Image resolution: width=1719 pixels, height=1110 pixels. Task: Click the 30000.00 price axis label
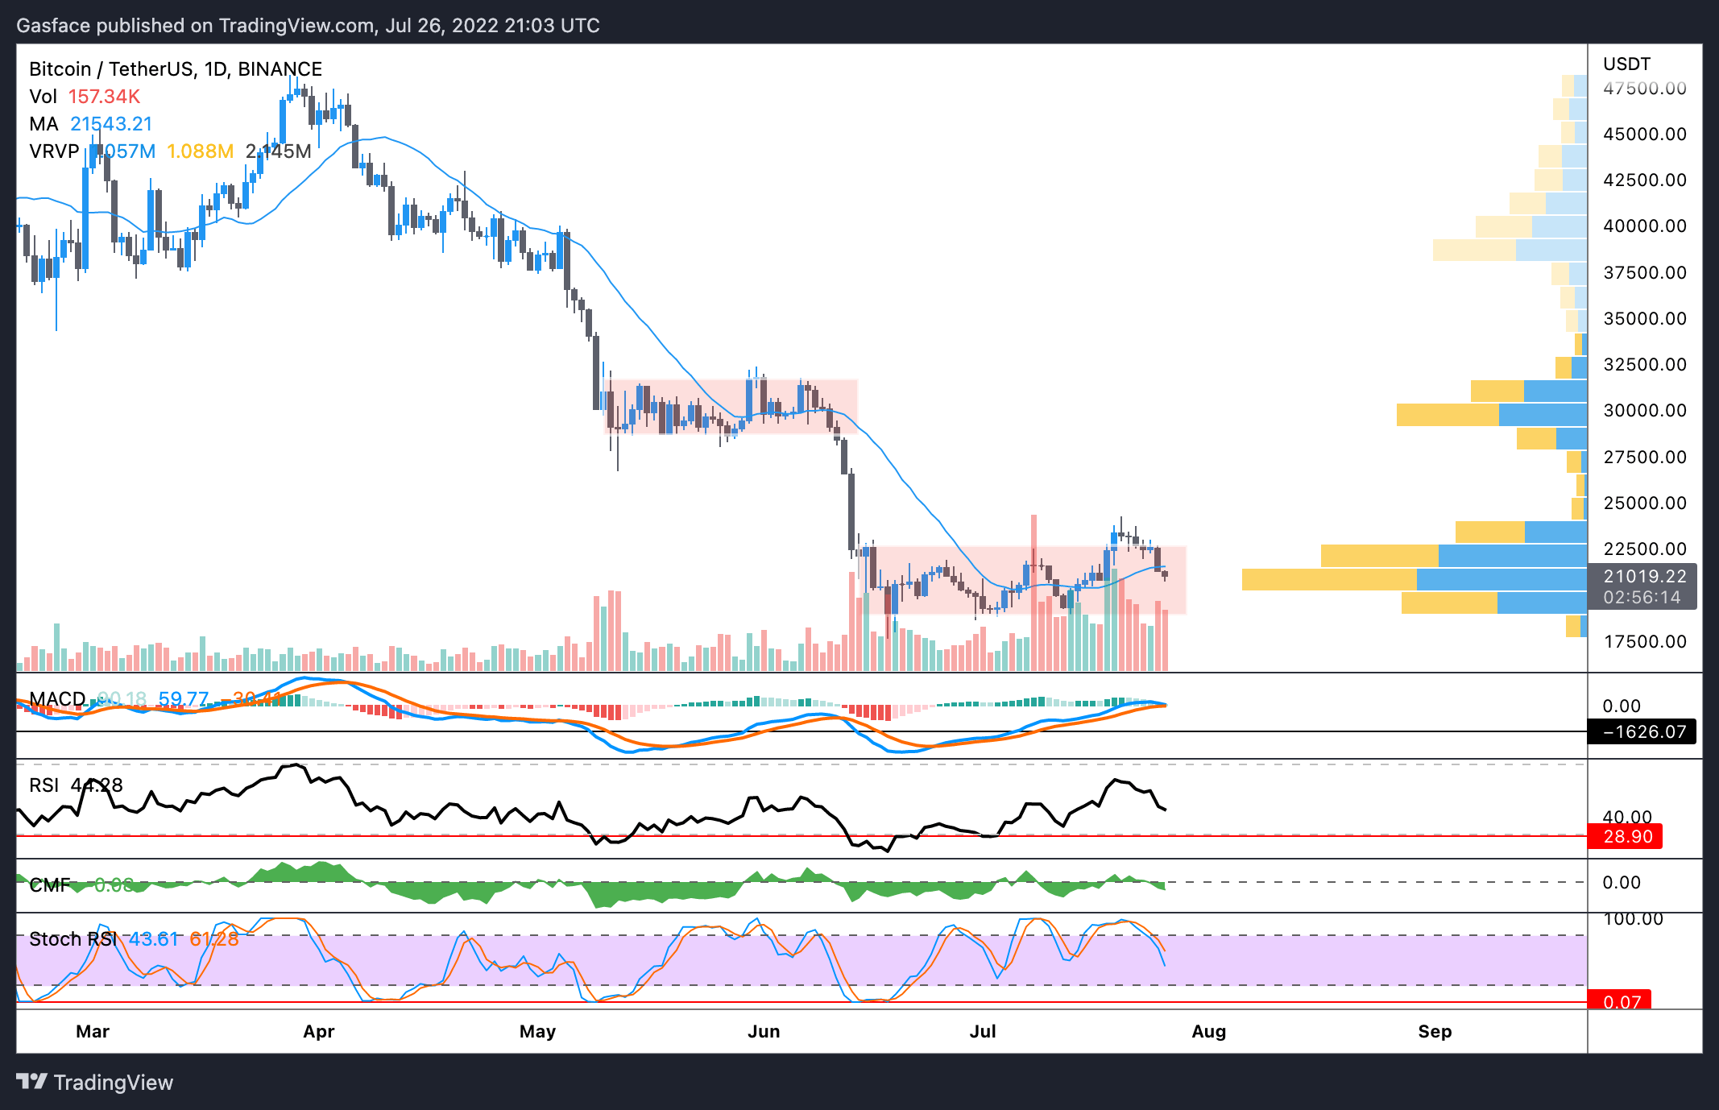pos(1644,411)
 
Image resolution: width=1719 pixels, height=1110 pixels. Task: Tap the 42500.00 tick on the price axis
pos(1644,180)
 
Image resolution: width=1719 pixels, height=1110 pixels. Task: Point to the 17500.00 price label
pos(1644,642)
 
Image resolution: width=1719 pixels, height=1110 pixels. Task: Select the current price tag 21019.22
pos(1644,577)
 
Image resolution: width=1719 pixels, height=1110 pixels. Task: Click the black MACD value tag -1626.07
pos(1643,732)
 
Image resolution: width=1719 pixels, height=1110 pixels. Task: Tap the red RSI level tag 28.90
pos(1627,837)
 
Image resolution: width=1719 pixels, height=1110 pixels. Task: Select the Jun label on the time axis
pos(764,1032)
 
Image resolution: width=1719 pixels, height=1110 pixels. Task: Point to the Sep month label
pos(1435,1032)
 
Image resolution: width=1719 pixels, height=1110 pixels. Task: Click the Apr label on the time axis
pos(319,1032)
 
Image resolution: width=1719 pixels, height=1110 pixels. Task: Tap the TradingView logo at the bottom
pos(95,1083)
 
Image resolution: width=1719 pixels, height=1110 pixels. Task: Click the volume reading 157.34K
pos(104,97)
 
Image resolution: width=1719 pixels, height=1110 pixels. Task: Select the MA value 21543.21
pos(111,124)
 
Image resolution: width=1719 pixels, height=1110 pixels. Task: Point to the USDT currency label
pos(1626,64)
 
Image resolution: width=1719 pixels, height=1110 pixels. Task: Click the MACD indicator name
pos(57,698)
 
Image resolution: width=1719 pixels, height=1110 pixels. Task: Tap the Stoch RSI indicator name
pos(72,939)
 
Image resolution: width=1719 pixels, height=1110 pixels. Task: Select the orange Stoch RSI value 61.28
pos(214,939)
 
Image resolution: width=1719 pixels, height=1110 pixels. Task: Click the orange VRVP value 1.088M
pos(200,151)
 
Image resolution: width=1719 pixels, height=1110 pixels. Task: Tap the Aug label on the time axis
pos(1208,1032)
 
